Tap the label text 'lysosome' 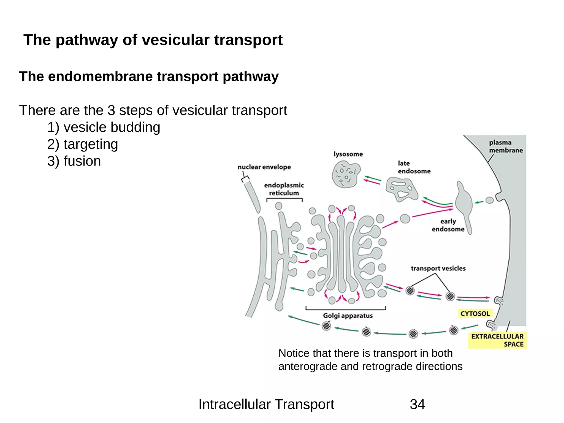tap(348, 154)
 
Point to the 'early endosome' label tap(448, 225)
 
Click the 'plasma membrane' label tap(506, 147)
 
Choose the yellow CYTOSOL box tap(475, 314)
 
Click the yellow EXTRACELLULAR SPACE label tap(497, 340)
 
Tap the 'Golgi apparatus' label tap(348, 316)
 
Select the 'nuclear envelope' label tap(264, 167)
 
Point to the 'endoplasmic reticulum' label tap(284, 189)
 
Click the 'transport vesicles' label tap(438, 269)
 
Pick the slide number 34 tap(417, 405)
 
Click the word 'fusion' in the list tap(82, 161)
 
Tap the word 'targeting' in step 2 tap(91, 144)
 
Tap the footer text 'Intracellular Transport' tap(266, 405)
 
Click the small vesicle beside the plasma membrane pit tap(489, 200)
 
